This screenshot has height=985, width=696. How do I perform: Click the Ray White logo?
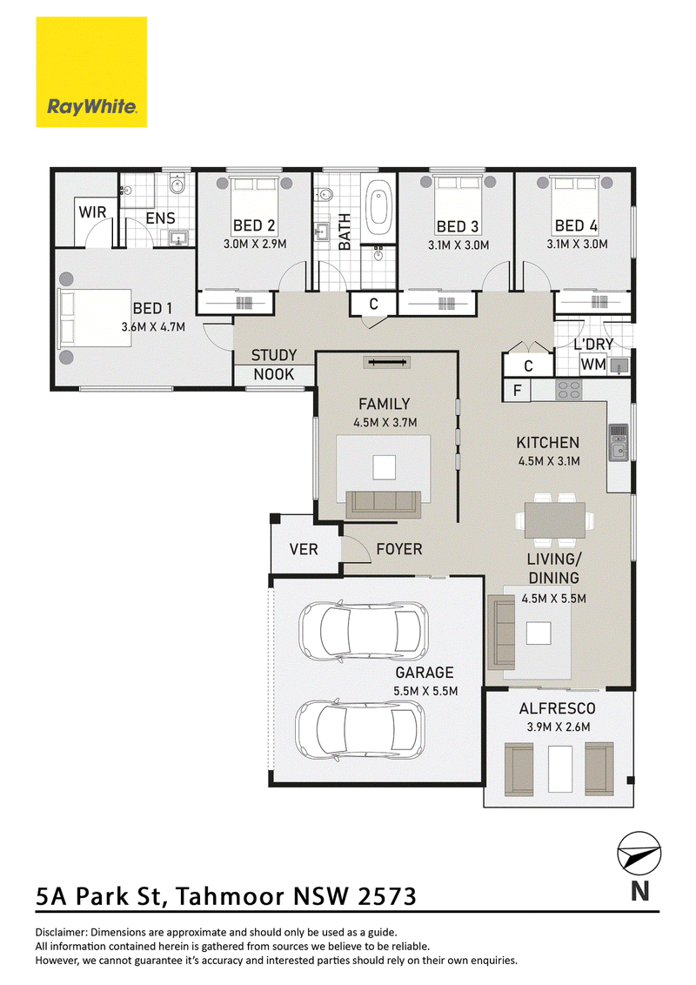click(x=91, y=71)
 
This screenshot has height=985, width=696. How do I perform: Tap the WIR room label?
click(x=92, y=212)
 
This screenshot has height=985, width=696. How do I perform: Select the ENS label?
click(x=160, y=218)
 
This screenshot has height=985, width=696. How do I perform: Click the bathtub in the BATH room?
click(x=378, y=204)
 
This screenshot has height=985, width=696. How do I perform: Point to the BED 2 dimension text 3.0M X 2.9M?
click(x=255, y=244)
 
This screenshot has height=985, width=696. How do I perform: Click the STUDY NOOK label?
click(x=274, y=365)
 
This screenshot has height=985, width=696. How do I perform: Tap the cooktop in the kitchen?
click(x=569, y=390)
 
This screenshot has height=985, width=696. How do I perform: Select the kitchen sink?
click(x=618, y=442)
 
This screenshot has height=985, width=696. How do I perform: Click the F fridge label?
click(x=517, y=391)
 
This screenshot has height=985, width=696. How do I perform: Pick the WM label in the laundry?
click(x=593, y=365)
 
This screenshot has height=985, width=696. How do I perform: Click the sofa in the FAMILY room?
click(x=383, y=505)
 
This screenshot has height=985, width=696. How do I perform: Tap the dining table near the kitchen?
click(x=555, y=520)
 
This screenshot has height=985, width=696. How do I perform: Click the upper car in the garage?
click(x=363, y=629)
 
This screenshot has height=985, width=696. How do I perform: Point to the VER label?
click(x=304, y=550)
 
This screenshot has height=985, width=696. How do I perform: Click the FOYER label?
click(x=398, y=549)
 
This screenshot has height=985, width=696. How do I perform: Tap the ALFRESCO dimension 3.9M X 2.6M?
click(x=559, y=727)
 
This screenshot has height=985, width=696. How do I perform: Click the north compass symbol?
click(x=639, y=853)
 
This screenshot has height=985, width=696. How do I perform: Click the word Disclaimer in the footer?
click(x=62, y=932)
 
